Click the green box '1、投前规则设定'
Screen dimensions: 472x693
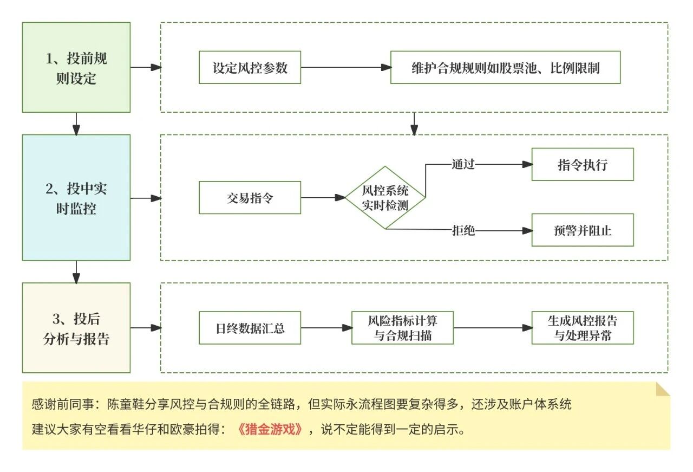[x=76, y=67]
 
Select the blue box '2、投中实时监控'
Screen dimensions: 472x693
[x=76, y=198]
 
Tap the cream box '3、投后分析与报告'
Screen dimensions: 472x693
[x=76, y=328]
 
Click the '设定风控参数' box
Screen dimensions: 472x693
[x=250, y=68]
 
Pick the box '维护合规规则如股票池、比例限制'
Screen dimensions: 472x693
[x=505, y=68]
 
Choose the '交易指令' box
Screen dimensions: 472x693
[x=250, y=198]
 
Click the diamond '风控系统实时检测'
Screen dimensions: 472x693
[x=385, y=198]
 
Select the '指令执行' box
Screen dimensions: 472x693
[x=583, y=165]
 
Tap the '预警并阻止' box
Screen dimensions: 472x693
[x=583, y=230]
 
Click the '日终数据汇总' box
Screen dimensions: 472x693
[x=250, y=328]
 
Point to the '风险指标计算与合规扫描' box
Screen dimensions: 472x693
[x=402, y=328]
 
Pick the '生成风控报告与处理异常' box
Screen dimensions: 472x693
[x=583, y=328]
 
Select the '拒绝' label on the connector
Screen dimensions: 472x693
[x=463, y=230]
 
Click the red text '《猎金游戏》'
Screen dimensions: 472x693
[x=269, y=430]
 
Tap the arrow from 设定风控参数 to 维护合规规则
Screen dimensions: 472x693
[x=345, y=68]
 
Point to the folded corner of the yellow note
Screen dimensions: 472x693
[x=663, y=389]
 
